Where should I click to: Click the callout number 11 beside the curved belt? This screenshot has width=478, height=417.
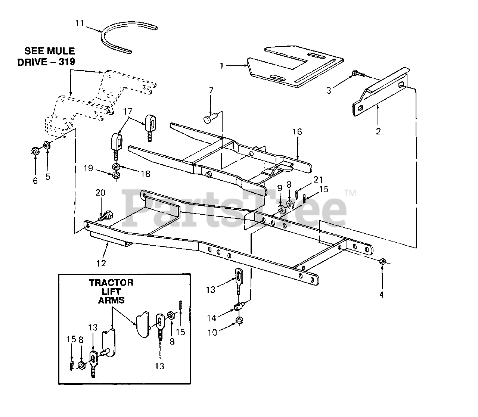79,24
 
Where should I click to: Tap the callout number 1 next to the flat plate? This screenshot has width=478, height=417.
221,66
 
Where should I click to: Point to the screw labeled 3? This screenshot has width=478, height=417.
360,74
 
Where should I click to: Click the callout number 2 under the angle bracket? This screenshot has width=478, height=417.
378,131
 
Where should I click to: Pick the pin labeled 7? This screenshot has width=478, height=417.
209,119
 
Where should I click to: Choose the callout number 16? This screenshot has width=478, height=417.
297,132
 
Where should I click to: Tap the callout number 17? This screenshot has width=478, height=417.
128,111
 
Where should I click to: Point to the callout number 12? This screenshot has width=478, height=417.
101,263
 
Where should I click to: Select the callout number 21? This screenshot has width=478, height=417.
317,180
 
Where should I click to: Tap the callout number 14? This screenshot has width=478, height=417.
212,318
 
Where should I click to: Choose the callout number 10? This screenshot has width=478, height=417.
212,332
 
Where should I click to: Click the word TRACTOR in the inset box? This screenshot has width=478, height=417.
111,283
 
